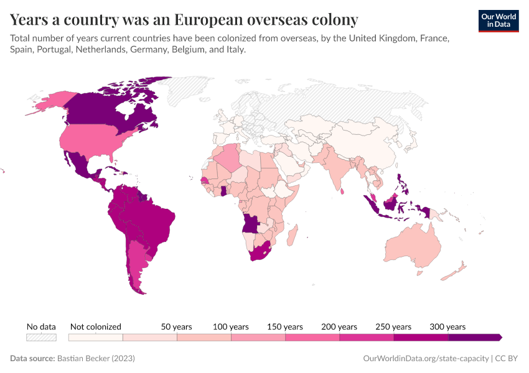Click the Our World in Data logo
499,21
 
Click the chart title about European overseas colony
184,20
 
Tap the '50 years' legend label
177,326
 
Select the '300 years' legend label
447,326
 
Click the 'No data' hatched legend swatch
41,338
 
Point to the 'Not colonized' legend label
96,326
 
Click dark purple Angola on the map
251,223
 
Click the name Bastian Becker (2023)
96,359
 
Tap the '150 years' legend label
285,326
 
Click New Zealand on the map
459,269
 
